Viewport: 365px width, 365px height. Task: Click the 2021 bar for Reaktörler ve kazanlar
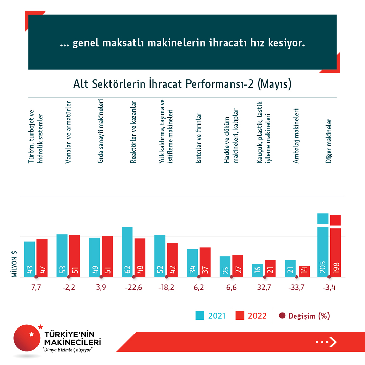127,252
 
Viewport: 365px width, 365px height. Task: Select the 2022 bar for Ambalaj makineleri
304,271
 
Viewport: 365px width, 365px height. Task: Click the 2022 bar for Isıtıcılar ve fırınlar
205,262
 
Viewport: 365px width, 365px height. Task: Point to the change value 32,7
264,288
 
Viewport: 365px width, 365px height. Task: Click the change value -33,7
297,288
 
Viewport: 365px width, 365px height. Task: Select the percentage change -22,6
133,288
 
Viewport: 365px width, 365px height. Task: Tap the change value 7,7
35,288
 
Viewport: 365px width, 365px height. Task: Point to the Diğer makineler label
329,141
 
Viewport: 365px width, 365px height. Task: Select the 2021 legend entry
210,316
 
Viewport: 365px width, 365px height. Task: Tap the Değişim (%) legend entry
304,316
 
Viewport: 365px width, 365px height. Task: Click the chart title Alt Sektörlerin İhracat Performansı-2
182,84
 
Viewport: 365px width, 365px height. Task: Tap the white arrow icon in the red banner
333,342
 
